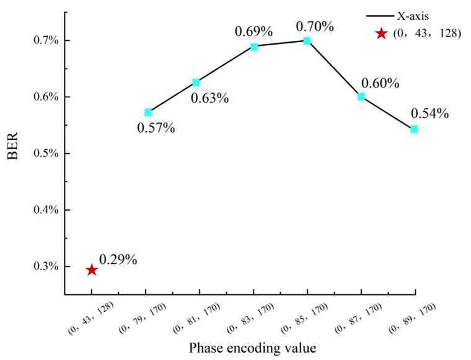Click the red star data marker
92,270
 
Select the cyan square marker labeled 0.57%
147,112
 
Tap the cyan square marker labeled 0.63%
196,82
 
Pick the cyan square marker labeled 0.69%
254,46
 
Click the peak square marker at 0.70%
307,41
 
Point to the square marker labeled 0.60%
361,97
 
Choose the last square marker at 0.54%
414,129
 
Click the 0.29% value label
118,259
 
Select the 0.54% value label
429,113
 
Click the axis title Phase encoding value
253,348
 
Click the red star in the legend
381,33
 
